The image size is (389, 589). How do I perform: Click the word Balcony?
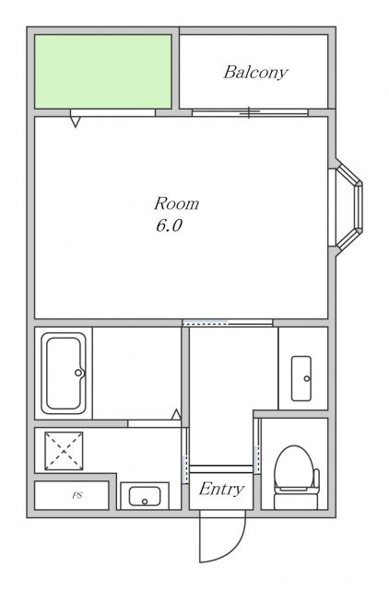(x=256, y=72)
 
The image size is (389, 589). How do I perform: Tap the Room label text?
(x=176, y=203)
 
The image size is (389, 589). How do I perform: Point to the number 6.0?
(x=169, y=225)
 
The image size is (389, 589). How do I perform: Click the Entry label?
(x=221, y=489)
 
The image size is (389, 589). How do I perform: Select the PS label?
(x=77, y=495)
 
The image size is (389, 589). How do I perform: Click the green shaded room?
(x=103, y=72)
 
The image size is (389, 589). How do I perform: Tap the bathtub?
(x=64, y=373)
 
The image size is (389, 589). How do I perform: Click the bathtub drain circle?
(x=78, y=373)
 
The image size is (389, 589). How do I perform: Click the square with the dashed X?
(x=64, y=451)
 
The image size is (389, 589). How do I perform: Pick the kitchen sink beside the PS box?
(x=145, y=496)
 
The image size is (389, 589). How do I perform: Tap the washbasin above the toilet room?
(x=301, y=378)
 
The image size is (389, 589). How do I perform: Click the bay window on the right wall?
(x=346, y=208)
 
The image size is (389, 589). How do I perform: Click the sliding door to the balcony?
(x=250, y=112)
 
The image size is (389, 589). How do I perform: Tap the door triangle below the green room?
(x=76, y=121)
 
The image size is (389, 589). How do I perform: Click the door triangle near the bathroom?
(x=176, y=414)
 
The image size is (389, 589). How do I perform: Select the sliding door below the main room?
(x=228, y=322)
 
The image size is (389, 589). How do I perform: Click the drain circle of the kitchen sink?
(x=145, y=502)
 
